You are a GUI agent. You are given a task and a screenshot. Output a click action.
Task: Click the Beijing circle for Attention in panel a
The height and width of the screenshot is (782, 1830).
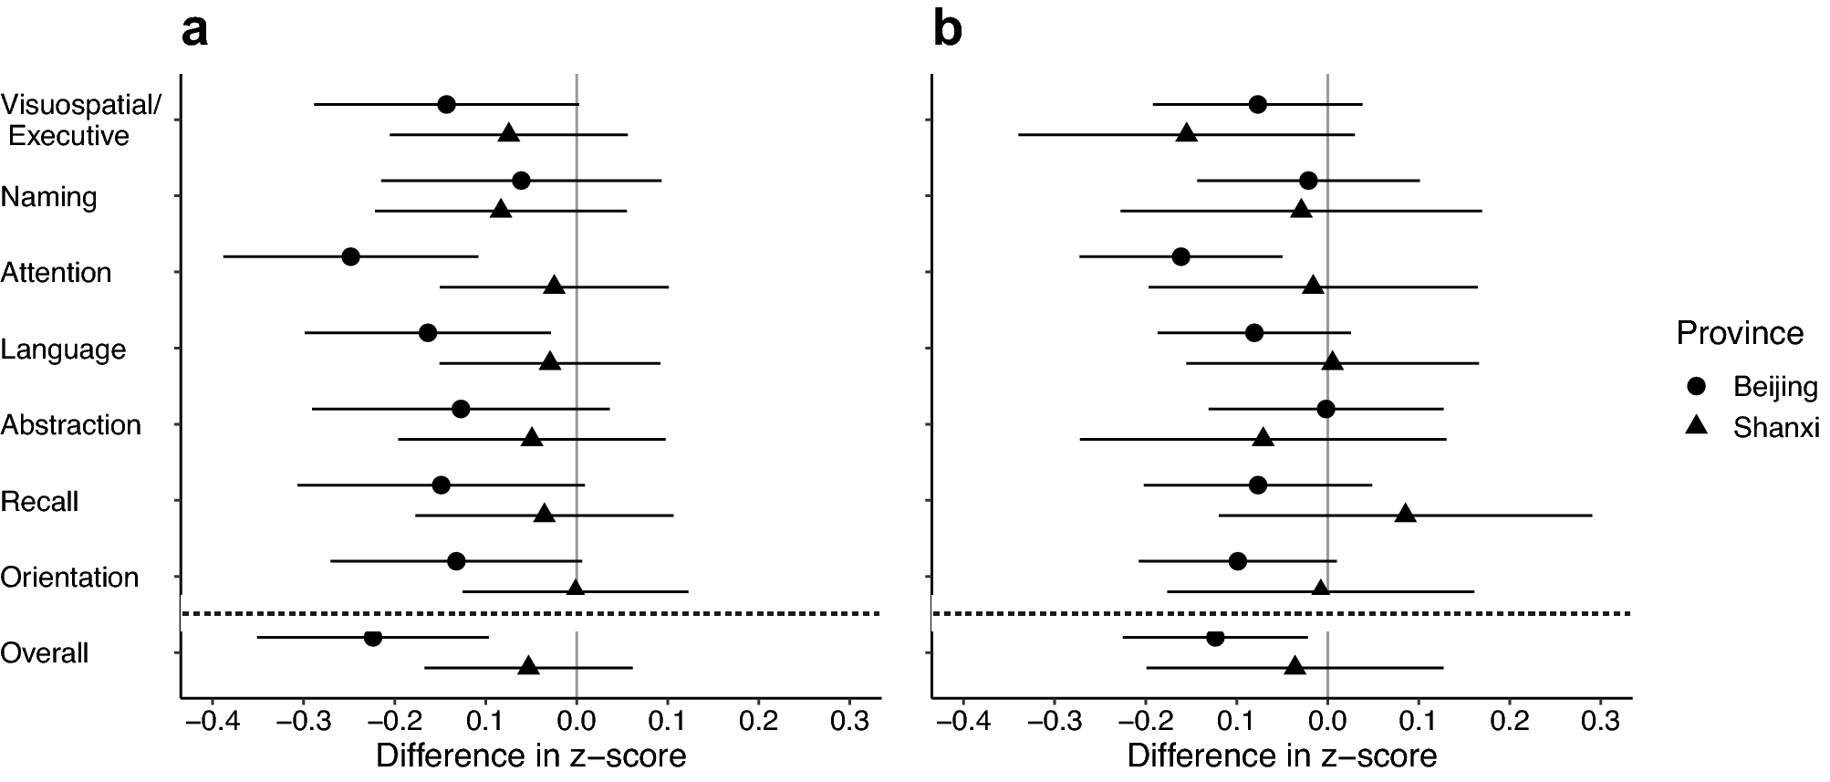(x=350, y=256)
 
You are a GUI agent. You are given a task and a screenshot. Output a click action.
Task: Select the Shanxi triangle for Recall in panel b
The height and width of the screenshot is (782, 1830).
(x=1406, y=514)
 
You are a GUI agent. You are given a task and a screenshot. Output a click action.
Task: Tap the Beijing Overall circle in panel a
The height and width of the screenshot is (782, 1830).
(x=372, y=637)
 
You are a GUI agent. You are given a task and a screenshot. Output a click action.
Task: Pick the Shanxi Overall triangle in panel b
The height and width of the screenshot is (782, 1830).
(x=1295, y=667)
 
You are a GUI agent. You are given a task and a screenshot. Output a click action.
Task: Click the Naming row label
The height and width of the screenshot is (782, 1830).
(x=49, y=196)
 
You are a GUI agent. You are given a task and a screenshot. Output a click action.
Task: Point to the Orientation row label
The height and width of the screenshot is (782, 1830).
(x=69, y=577)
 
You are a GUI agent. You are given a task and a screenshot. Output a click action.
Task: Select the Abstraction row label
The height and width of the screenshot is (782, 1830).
(x=71, y=424)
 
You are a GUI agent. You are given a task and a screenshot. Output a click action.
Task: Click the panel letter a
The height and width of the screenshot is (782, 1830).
(x=194, y=30)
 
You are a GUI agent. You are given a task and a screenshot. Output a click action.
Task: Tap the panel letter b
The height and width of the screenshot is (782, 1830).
(x=948, y=30)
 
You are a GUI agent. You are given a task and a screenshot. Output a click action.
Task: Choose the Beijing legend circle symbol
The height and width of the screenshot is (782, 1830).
(x=1697, y=386)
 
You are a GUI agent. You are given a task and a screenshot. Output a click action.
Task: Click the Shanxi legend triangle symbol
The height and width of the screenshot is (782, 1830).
(x=1697, y=425)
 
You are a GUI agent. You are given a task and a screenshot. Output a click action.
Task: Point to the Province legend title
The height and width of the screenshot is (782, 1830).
(x=1740, y=333)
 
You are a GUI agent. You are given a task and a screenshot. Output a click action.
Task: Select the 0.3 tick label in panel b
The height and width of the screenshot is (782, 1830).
(x=1600, y=721)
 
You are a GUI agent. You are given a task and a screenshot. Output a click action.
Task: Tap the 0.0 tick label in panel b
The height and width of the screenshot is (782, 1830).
(x=1327, y=721)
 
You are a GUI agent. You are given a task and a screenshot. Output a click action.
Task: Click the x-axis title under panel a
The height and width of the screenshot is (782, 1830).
(x=530, y=756)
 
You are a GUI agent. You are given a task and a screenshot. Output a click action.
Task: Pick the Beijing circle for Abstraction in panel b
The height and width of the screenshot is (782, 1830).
(x=1326, y=409)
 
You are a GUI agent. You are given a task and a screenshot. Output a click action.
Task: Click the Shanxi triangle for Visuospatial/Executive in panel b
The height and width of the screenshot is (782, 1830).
(x=1186, y=134)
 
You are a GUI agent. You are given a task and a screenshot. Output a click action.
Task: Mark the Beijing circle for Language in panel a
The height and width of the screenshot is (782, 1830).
(x=427, y=332)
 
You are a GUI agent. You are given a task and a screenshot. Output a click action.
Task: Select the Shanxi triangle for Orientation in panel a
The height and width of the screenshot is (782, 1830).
(x=576, y=589)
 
